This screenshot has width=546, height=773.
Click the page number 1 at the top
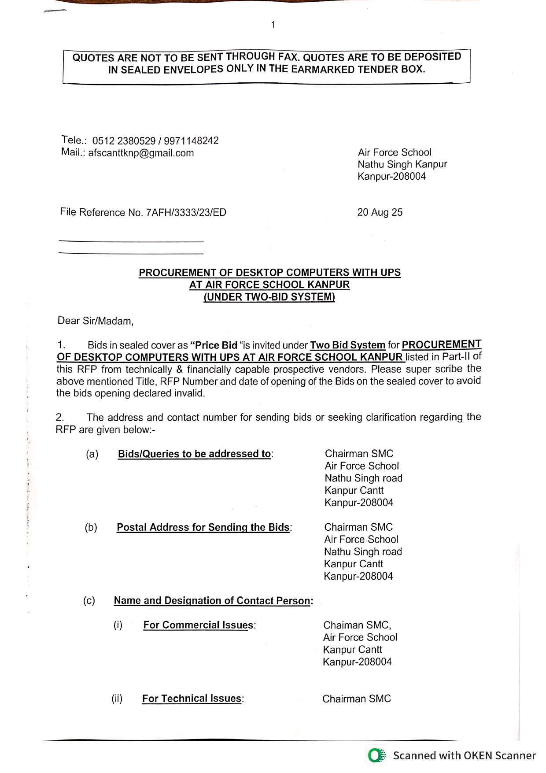pos(273,25)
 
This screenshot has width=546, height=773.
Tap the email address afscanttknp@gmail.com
pos(141,153)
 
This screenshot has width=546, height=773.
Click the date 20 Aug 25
pos(380,212)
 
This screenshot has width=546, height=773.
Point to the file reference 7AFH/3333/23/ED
pos(186,213)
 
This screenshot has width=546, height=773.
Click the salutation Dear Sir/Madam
pos(95,321)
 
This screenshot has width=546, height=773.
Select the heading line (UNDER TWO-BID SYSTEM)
pos(269,297)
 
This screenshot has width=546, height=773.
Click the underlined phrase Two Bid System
pos(347,345)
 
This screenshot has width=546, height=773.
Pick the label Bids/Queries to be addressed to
pos(194,454)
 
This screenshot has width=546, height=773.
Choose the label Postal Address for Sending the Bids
pos(203,527)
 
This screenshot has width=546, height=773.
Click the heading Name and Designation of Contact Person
pos(213,601)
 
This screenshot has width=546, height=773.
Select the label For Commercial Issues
pos(199,625)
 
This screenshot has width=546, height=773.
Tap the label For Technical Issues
pos(192,699)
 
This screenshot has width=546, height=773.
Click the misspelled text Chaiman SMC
pos(357,625)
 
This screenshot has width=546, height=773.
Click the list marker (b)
pos(91,527)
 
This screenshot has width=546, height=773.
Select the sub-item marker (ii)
pos(117,699)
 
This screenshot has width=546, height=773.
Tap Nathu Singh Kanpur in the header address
pos(402,165)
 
